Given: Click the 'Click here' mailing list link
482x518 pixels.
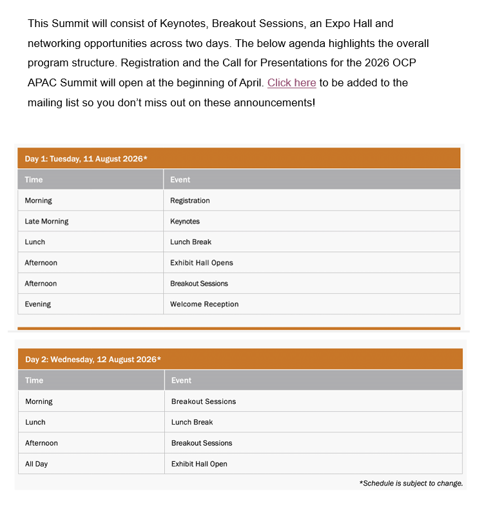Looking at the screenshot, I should [x=291, y=83].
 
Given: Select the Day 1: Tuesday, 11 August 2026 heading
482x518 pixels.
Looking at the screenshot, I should [x=86, y=158].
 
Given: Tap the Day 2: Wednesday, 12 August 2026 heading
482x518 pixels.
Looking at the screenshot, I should [x=93, y=359].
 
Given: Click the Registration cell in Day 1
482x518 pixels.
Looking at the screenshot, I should [x=189, y=200].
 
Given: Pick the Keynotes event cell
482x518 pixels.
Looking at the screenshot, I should [x=185, y=221].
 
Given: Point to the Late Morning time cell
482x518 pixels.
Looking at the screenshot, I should [x=46, y=221].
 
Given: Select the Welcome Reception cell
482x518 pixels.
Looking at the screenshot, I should [x=204, y=304].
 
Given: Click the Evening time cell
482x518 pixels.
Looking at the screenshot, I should [x=38, y=304].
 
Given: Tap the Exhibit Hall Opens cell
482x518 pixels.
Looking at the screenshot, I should [x=202, y=263].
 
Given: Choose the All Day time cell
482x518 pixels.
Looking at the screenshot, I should [x=37, y=464].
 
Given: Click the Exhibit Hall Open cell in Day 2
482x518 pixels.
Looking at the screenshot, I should [x=199, y=464].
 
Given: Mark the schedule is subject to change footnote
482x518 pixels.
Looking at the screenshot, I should [x=411, y=483].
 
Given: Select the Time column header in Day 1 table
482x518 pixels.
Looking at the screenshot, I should [x=34, y=180].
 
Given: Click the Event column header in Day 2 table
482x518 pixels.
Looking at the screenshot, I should [x=181, y=380].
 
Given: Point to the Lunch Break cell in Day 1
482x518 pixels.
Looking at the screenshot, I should [x=191, y=242].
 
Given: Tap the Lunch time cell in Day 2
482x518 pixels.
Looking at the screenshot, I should [x=35, y=422].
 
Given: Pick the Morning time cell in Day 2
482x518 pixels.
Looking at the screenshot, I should [x=39, y=401].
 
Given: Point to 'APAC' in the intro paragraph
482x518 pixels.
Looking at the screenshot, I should [x=42, y=83].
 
